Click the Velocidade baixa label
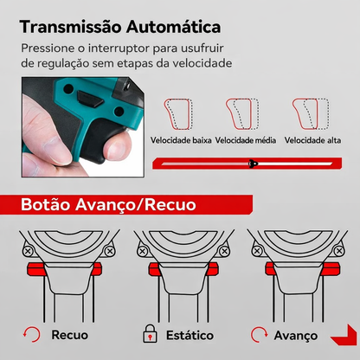point(180,141)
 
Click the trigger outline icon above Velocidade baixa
point(177,112)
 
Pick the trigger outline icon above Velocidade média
point(243,112)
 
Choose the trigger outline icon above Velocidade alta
point(312,112)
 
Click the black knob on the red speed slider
point(253,163)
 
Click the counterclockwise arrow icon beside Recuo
point(31,334)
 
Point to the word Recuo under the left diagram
point(70,334)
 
